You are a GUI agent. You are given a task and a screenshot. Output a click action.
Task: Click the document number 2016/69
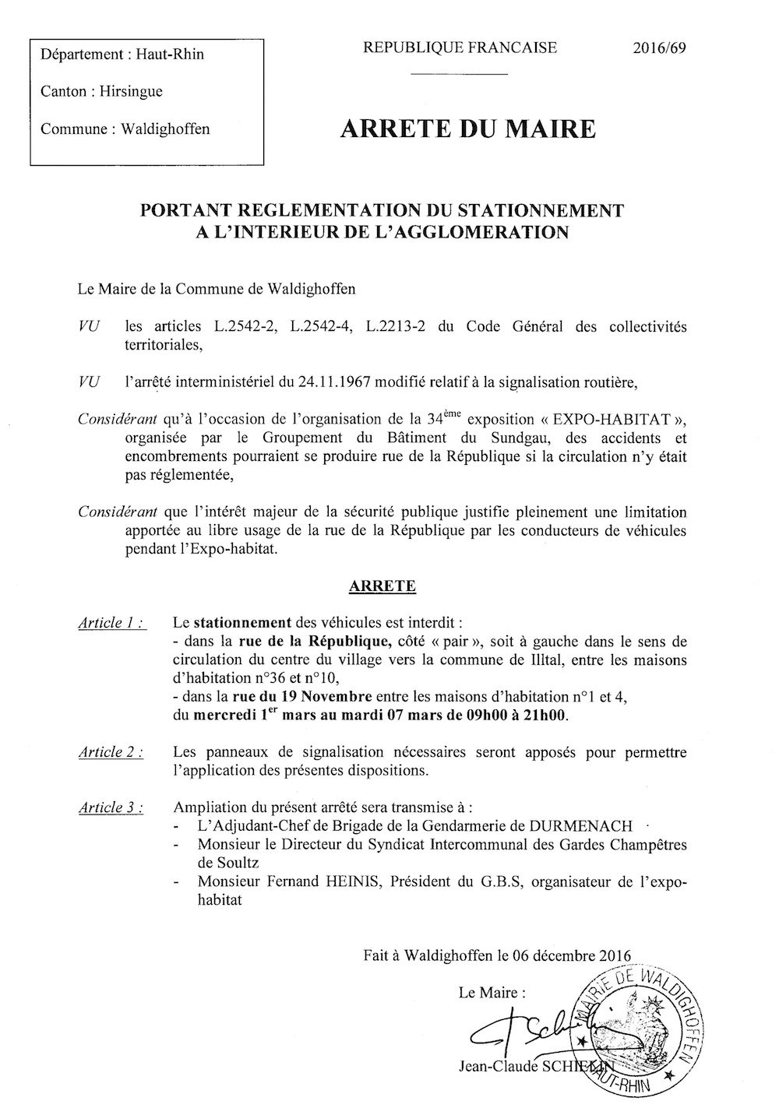click(x=659, y=48)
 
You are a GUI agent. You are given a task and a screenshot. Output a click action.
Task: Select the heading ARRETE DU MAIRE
click(x=468, y=129)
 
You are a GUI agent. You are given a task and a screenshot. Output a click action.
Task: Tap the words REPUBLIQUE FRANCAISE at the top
click(x=460, y=48)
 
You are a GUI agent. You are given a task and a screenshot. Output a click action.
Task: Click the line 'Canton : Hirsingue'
click(x=101, y=92)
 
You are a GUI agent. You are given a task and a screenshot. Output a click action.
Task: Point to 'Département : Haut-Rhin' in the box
click(x=122, y=55)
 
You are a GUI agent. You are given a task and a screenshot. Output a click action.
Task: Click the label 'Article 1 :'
click(x=111, y=623)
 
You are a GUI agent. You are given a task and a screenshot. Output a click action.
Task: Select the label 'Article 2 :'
click(x=111, y=752)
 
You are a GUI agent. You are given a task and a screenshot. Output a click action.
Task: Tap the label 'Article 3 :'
click(x=111, y=807)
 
